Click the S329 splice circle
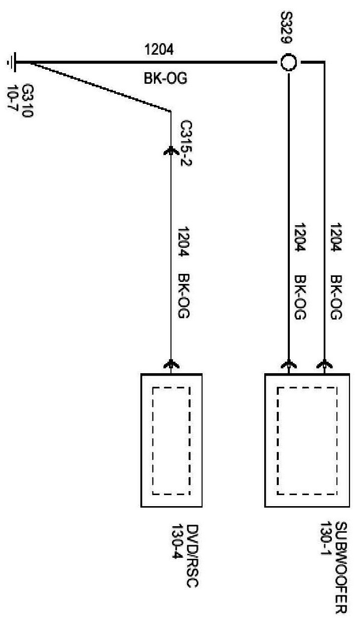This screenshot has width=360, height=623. coord(289,63)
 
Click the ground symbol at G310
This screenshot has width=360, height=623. coord(11,63)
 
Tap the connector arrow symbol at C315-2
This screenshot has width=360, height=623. coord(171,150)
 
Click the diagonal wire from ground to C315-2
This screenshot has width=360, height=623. coord(95,86)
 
